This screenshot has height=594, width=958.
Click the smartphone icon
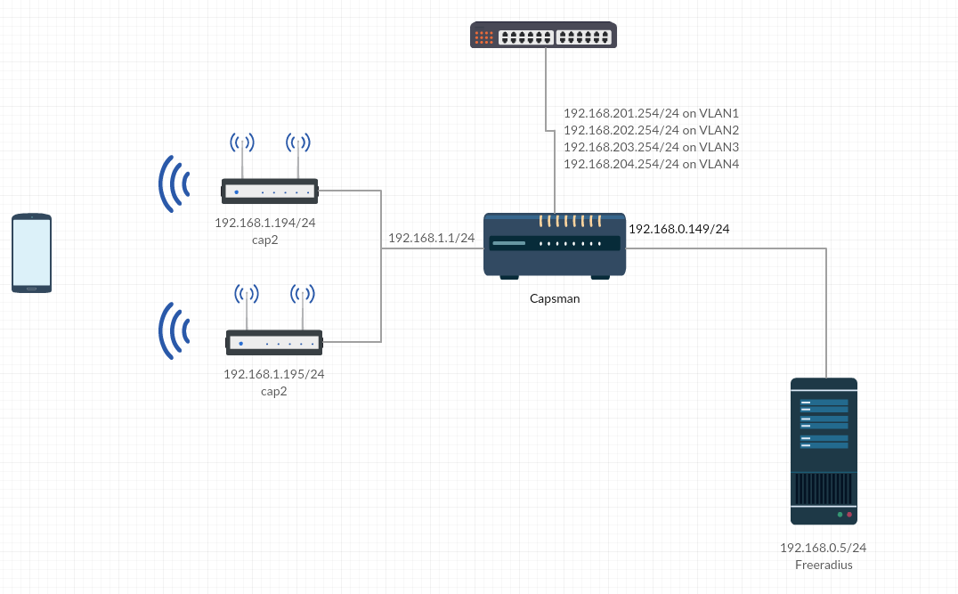pos(31,253)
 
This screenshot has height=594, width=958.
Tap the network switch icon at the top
pos(543,36)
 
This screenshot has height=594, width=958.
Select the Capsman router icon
pos(555,246)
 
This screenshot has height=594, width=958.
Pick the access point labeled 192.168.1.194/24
pos(270,190)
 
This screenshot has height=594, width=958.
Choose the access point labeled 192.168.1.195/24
pos(274,341)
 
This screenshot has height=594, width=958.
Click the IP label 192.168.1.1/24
pos(431,238)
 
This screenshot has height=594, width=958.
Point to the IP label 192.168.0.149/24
pos(678,229)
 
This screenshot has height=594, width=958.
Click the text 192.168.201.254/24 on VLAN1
pos(651,113)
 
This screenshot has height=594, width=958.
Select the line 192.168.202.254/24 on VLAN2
pos(651,130)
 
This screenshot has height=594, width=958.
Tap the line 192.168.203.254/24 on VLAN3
pos(651,147)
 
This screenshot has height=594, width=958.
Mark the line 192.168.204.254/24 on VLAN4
pos(651,164)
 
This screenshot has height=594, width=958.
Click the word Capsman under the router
pos(554,298)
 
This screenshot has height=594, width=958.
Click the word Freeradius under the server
pos(823,565)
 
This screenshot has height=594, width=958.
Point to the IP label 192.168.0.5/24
pos(823,548)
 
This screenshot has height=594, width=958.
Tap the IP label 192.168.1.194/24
pos(265,223)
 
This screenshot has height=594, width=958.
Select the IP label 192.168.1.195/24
pos(273,374)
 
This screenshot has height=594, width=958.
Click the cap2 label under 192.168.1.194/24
pos(265,240)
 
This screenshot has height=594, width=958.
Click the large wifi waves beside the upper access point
pos(175,185)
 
